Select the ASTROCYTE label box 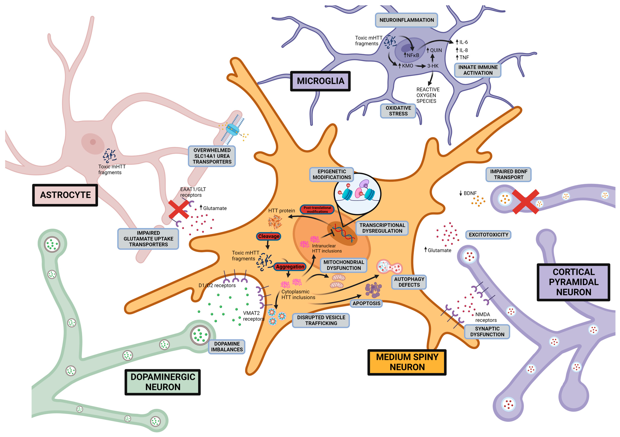click(65, 195)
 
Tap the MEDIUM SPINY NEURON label click(407, 362)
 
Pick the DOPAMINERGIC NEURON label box click(163, 382)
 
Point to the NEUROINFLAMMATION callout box click(406, 20)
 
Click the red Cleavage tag click(269, 236)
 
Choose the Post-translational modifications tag click(317, 209)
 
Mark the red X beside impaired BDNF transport click(526, 202)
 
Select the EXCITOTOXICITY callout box click(488, 235)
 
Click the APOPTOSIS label click(366, 303)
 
